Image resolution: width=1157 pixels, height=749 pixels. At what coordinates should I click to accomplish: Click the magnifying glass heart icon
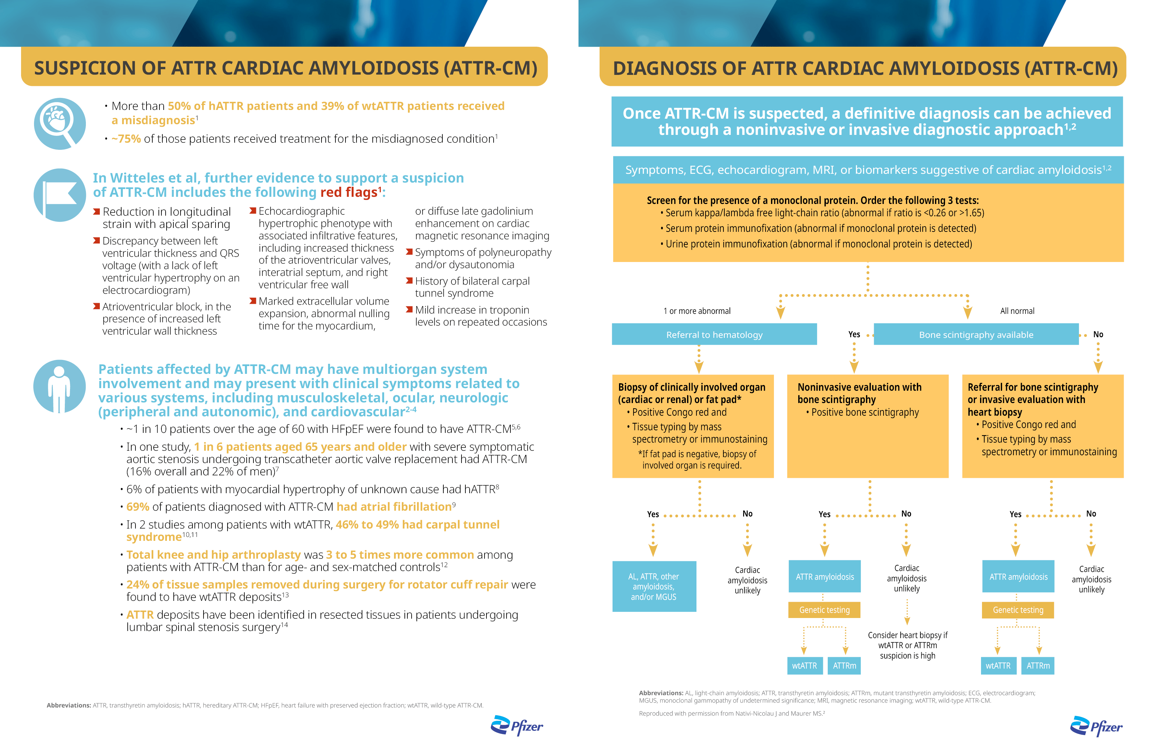tap(59, 124)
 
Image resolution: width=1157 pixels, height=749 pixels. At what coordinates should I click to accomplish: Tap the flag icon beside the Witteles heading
tap(59, 195)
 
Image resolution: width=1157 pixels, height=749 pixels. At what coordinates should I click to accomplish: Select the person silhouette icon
tap(59, 386)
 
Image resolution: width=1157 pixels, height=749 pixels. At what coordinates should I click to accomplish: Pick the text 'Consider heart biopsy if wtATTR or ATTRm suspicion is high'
tap(907, 645)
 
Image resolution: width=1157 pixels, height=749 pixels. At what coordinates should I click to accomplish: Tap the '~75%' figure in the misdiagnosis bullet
tap(126, 139)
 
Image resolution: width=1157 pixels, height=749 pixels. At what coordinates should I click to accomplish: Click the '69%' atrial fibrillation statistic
tap(137, 507)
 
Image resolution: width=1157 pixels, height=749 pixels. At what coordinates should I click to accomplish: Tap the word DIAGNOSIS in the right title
tap(664, 69)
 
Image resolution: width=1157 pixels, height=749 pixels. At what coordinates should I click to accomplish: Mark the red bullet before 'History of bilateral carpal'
tap(409, 281)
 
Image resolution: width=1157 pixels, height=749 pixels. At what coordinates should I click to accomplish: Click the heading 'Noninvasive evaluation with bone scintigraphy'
tap(859, 393)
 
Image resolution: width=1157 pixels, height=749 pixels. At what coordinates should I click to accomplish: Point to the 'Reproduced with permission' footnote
tap(731, 713)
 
